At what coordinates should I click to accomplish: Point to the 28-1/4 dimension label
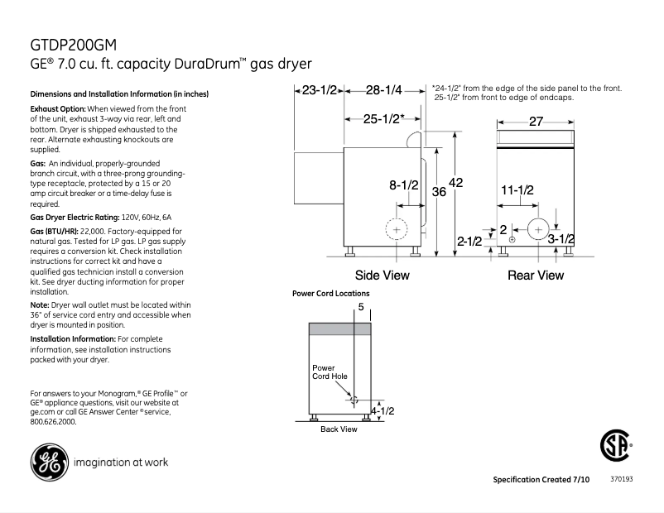(x=384, y=89)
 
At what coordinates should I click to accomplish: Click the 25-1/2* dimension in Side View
(x=383, y=118)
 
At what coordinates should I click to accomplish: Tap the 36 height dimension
(x=440, y=191)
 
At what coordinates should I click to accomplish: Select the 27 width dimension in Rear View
(x=536, y=122)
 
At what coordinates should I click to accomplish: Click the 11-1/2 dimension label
(x=517, y=190)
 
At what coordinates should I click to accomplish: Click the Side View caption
(x=382, y=275)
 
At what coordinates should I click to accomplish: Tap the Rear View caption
(x=536, y=275)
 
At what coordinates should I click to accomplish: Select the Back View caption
(x=339, y=429)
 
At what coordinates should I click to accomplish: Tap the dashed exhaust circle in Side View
(x=397, y=228)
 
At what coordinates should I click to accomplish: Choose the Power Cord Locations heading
(x=331, y=294)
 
